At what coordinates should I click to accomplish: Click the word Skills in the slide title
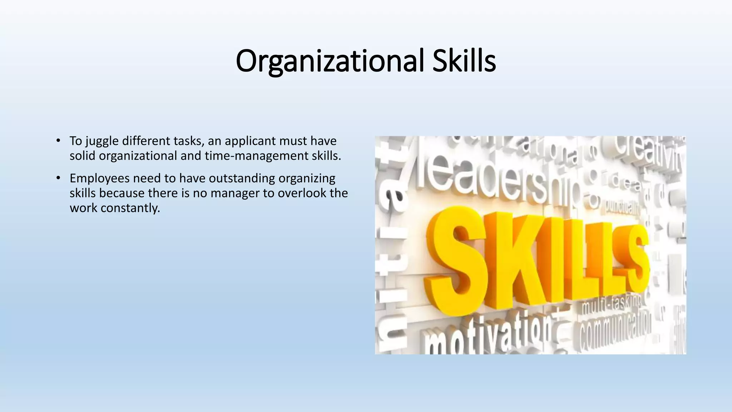[x=464, y=61]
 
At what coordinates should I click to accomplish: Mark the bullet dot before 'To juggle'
[x=58, y=141]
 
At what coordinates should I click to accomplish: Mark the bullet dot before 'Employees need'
[x=58, y=178]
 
